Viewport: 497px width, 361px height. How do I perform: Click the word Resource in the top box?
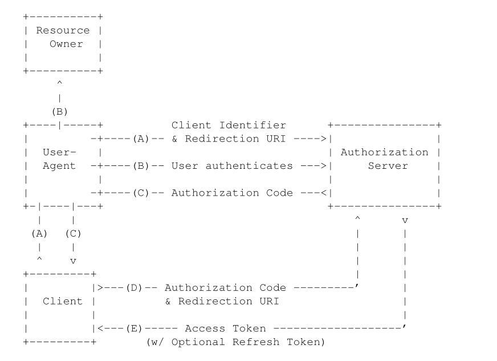click(x=63, y=30)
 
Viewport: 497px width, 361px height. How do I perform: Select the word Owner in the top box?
click(x=66, y=44)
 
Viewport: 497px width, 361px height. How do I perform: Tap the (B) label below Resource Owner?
click(x=60, y=112)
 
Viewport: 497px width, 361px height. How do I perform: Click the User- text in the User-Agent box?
click(x=59, y=152)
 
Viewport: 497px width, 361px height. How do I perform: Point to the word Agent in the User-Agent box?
click(x=59, y=166)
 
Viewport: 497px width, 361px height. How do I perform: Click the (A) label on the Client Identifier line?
click(x=141, y=139)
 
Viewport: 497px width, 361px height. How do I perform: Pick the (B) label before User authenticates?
click(x=141, y=166)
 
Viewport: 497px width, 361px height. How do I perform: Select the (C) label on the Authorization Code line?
click(x=141, y=193)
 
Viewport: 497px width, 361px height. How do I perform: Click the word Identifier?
click(x=252, y=125)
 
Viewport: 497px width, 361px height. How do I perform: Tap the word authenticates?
click(x=249, y=166)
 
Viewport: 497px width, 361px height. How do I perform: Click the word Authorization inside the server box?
click(x=385, y=152)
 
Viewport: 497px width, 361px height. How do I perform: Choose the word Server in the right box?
click(x=388, y=166)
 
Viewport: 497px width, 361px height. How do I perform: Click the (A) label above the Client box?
click(x=39, y=234)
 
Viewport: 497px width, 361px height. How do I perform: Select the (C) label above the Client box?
click(x=73, y=234)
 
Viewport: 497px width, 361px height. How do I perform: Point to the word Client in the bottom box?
click(x=63, y=301)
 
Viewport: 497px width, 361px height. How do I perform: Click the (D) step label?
click(x=134, y=288)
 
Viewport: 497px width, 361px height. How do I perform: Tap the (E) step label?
click(x=134, y=328)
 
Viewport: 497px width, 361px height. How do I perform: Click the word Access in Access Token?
click(x=205, y=328)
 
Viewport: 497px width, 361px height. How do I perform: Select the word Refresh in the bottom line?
click(x=256, y=342)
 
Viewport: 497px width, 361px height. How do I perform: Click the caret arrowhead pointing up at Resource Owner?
click(x=60, y=83)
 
